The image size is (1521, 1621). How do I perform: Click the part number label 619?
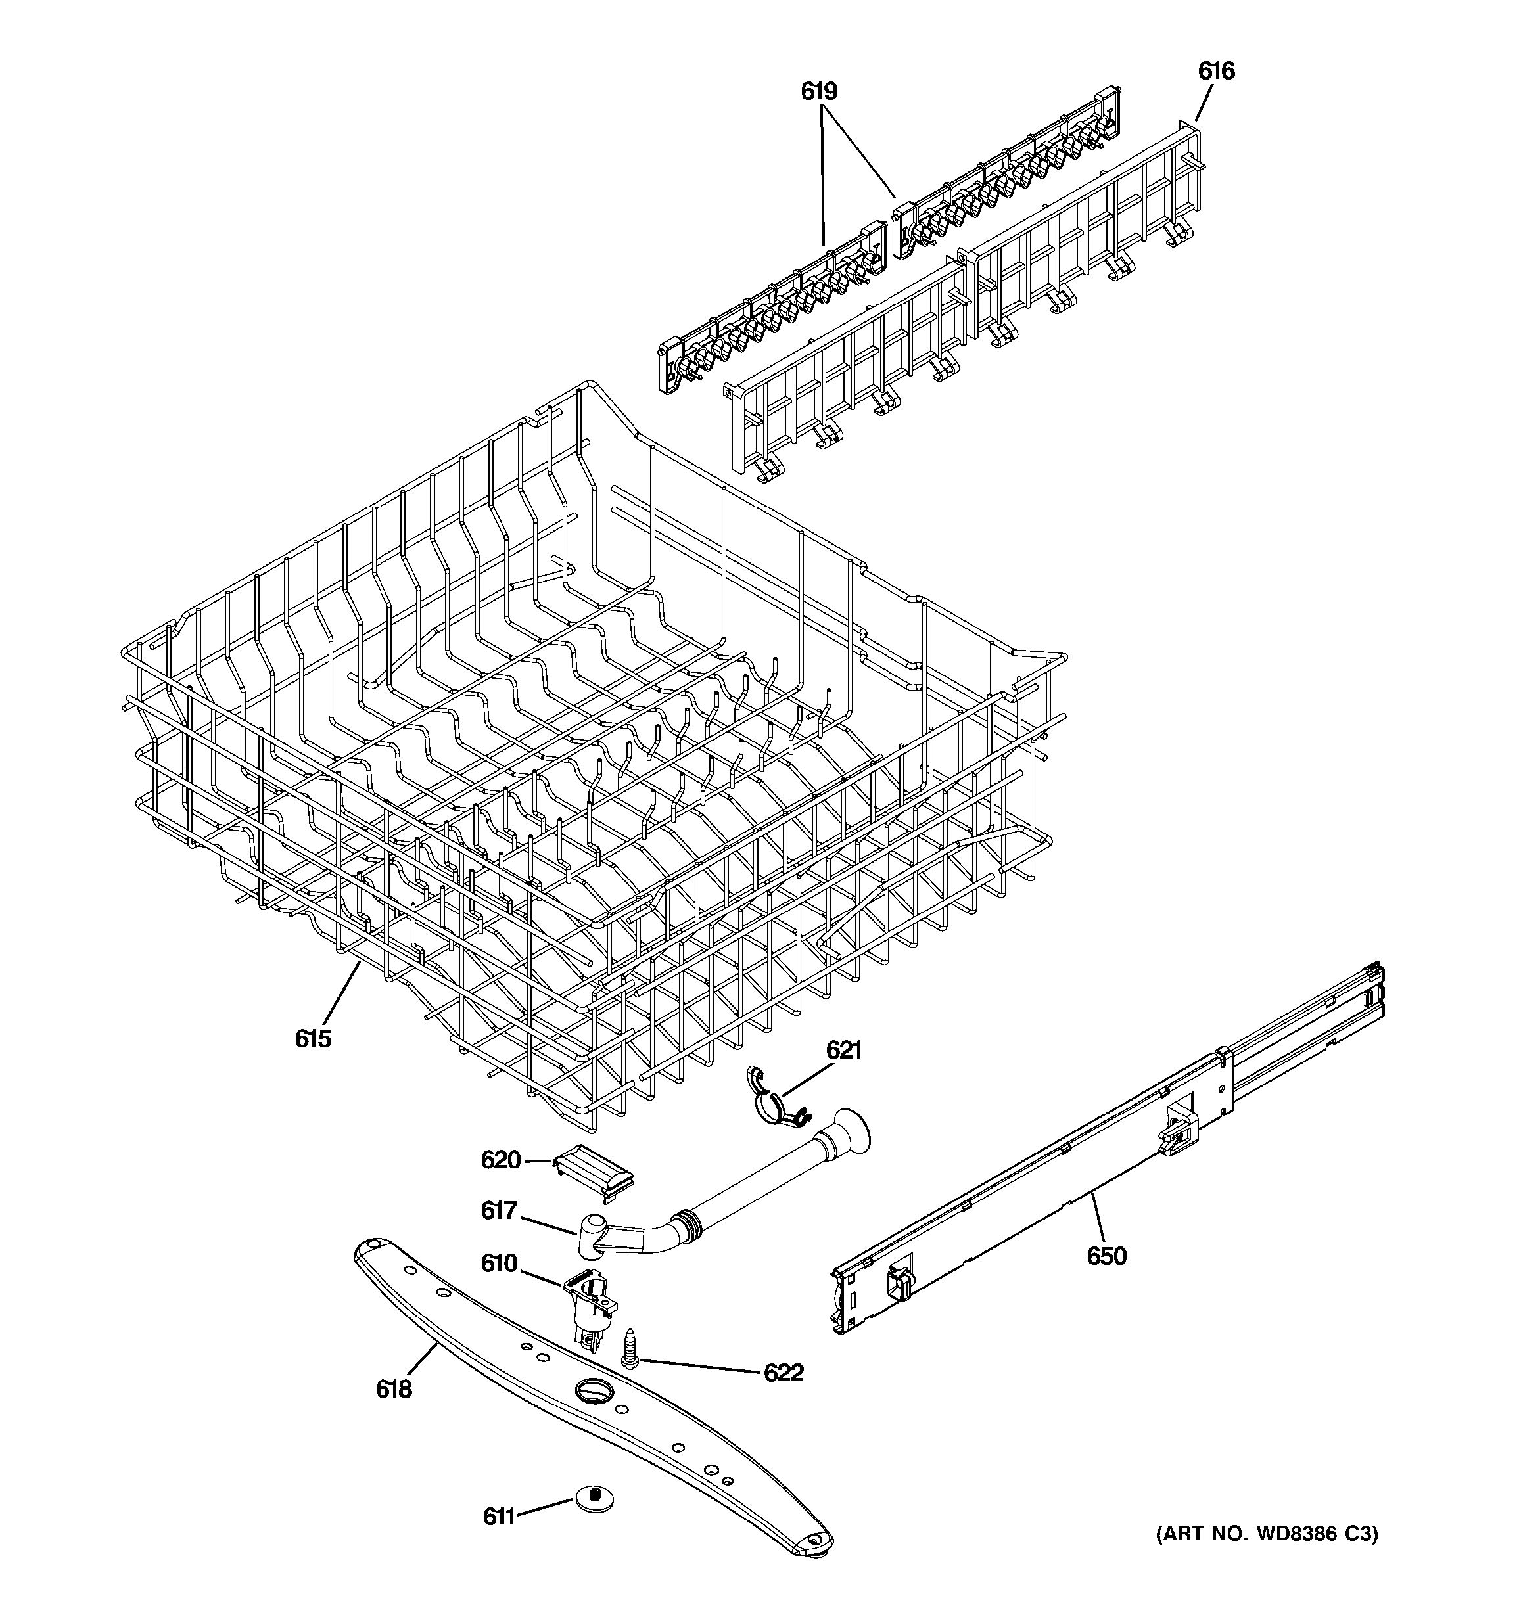819,91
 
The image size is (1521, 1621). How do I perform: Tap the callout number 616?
1216,72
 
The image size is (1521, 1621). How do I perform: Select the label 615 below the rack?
313,1038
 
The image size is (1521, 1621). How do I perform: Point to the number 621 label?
843,1049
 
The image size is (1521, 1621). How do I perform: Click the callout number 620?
501,1160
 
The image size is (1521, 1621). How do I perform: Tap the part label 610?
499,1263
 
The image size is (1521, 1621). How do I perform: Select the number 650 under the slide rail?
1106,1256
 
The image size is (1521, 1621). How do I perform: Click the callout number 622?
783,1373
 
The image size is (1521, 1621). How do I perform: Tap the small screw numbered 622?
630,1350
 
